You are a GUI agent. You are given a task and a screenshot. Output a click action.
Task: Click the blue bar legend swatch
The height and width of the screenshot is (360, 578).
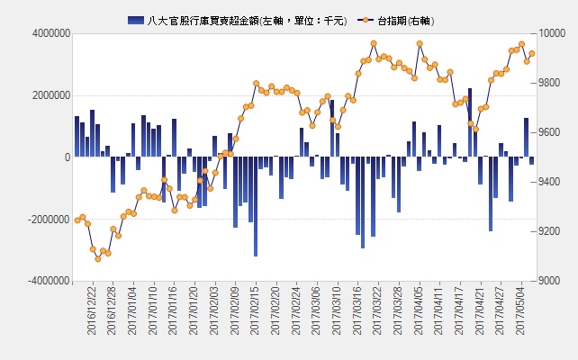(136, 21)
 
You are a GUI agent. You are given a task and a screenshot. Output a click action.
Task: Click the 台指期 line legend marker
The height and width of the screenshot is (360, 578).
(366, 21)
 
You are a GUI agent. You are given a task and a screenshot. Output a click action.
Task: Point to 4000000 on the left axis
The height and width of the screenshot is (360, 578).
(51, 33)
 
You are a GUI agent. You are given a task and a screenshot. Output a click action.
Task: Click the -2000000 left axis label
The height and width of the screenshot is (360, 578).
(49, 220)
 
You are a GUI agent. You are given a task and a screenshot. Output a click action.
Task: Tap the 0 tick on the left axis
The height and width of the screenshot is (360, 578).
(68, 157)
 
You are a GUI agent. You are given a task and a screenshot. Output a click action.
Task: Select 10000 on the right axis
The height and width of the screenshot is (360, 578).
(552, 33)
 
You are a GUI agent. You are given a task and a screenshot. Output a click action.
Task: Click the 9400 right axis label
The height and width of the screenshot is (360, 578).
(549, 182)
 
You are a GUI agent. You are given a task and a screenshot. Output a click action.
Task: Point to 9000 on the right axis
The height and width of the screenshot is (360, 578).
(549, 281)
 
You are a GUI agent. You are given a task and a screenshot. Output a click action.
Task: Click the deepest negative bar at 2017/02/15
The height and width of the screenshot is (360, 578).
(256, 206)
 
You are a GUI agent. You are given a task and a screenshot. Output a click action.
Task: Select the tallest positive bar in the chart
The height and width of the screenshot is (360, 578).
(470, 122)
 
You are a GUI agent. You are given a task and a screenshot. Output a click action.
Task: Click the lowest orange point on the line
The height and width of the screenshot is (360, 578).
(98, 259)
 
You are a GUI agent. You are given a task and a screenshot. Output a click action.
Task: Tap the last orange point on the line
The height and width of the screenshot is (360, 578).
(532, 53)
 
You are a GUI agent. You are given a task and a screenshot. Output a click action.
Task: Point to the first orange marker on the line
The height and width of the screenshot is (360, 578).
(77, 220)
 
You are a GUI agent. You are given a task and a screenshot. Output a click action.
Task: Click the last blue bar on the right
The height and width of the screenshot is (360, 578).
(531, 161)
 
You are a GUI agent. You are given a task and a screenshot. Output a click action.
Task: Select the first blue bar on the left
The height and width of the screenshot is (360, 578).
(77, 137)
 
